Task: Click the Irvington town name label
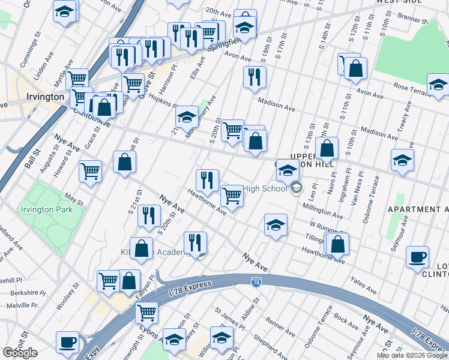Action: click(x=45, y=97)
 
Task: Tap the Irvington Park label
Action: click(x=47, y=210)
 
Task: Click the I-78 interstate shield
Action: click(x=256, y=281)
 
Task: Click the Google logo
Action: click(x=20, y=353)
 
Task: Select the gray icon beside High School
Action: click(x=295, y=189)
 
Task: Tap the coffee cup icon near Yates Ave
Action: click(x=417, y=257)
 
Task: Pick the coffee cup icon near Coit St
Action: click(x=67, y=341)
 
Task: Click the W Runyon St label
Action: click(x=325, y=229)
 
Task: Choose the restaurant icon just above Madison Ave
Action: click(x=255, y=76)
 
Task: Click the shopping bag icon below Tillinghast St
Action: click(x=338, y=243)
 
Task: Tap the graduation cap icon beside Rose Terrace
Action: click(x=438, y=85)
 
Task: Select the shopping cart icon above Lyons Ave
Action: click(x=146, y=312)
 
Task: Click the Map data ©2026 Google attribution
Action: click(x=412, y=355)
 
